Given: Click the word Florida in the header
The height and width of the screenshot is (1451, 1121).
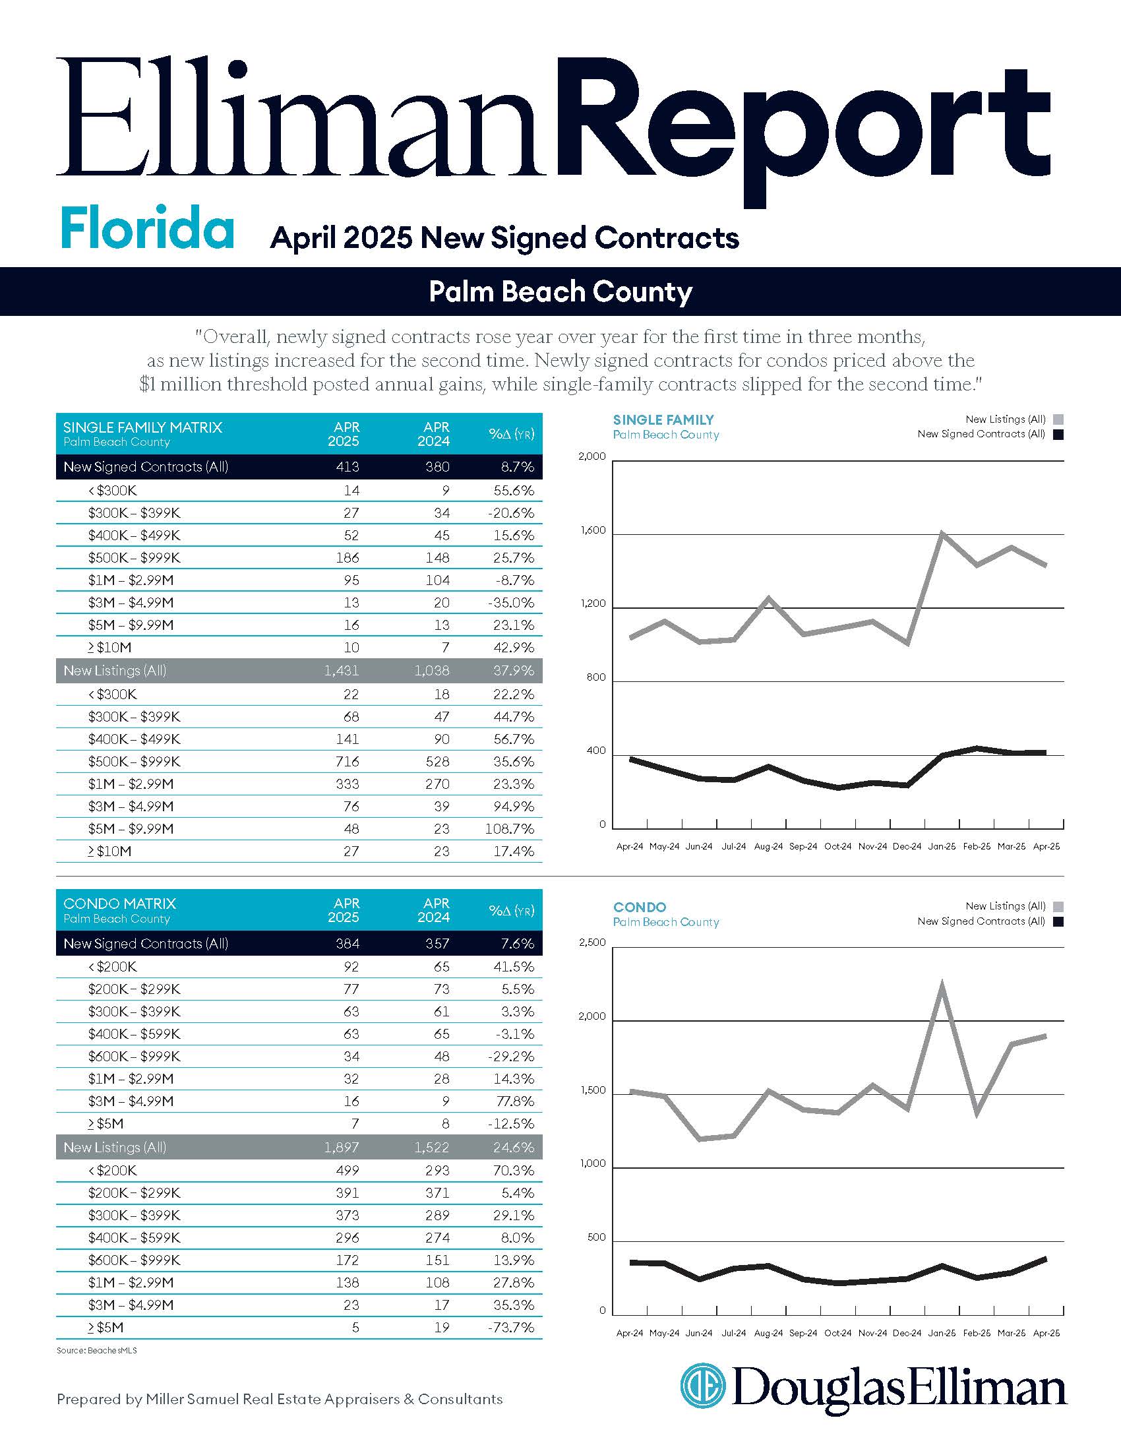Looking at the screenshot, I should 147,228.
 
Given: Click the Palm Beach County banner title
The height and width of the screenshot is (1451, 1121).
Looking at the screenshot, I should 560,292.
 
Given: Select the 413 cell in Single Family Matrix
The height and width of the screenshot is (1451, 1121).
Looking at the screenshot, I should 347,467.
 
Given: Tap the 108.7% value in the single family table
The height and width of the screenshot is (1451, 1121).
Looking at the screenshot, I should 512,829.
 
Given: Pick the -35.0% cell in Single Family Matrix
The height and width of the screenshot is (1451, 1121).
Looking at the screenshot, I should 512,603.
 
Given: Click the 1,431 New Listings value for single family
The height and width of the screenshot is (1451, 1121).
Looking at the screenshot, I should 342,671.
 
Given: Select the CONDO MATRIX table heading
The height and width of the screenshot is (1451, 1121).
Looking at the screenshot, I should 119,904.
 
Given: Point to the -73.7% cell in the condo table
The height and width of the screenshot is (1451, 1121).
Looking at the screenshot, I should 511,1328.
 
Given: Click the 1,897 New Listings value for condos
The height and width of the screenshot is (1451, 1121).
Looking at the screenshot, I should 342,1148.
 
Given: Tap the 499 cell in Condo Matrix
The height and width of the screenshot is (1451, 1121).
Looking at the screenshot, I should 347,1171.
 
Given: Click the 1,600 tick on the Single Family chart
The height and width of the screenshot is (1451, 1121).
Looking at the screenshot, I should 593,530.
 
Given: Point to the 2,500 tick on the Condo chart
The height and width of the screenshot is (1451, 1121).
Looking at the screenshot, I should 593,942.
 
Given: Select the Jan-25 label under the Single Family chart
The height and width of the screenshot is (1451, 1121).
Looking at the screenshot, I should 942,846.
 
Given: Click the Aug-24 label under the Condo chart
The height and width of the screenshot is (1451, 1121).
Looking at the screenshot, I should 768,1333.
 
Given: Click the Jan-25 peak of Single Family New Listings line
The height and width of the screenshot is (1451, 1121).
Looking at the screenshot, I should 942,533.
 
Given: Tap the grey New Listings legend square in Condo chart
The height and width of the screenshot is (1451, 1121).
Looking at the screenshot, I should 1058,906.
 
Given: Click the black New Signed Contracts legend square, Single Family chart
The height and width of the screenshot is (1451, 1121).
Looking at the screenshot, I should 1058,435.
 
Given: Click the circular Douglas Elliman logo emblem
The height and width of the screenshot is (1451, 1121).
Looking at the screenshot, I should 703,1385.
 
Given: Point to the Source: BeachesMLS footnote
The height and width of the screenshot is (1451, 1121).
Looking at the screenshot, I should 97,1351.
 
